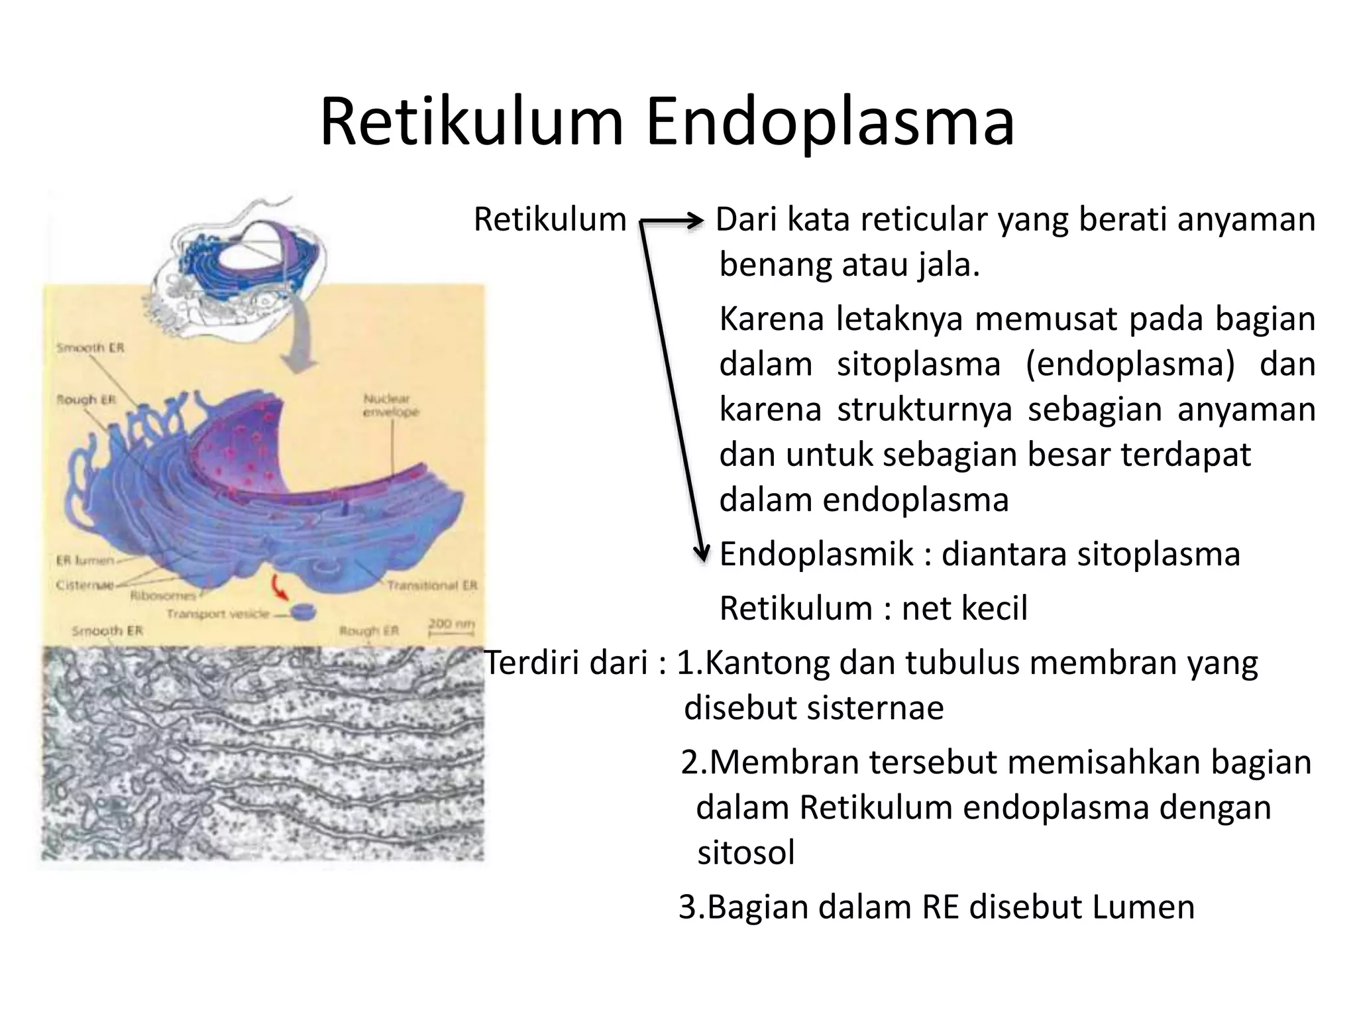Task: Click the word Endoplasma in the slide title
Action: point(830,123)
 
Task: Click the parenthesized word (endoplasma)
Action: point(1130,365)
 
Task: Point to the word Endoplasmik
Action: point(816,554)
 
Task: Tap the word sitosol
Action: point(746,852)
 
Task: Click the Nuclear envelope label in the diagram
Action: point(391,405)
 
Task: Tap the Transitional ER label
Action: point(432,585)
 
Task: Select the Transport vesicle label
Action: point(218,614)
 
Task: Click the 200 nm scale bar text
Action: point(451,624)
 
